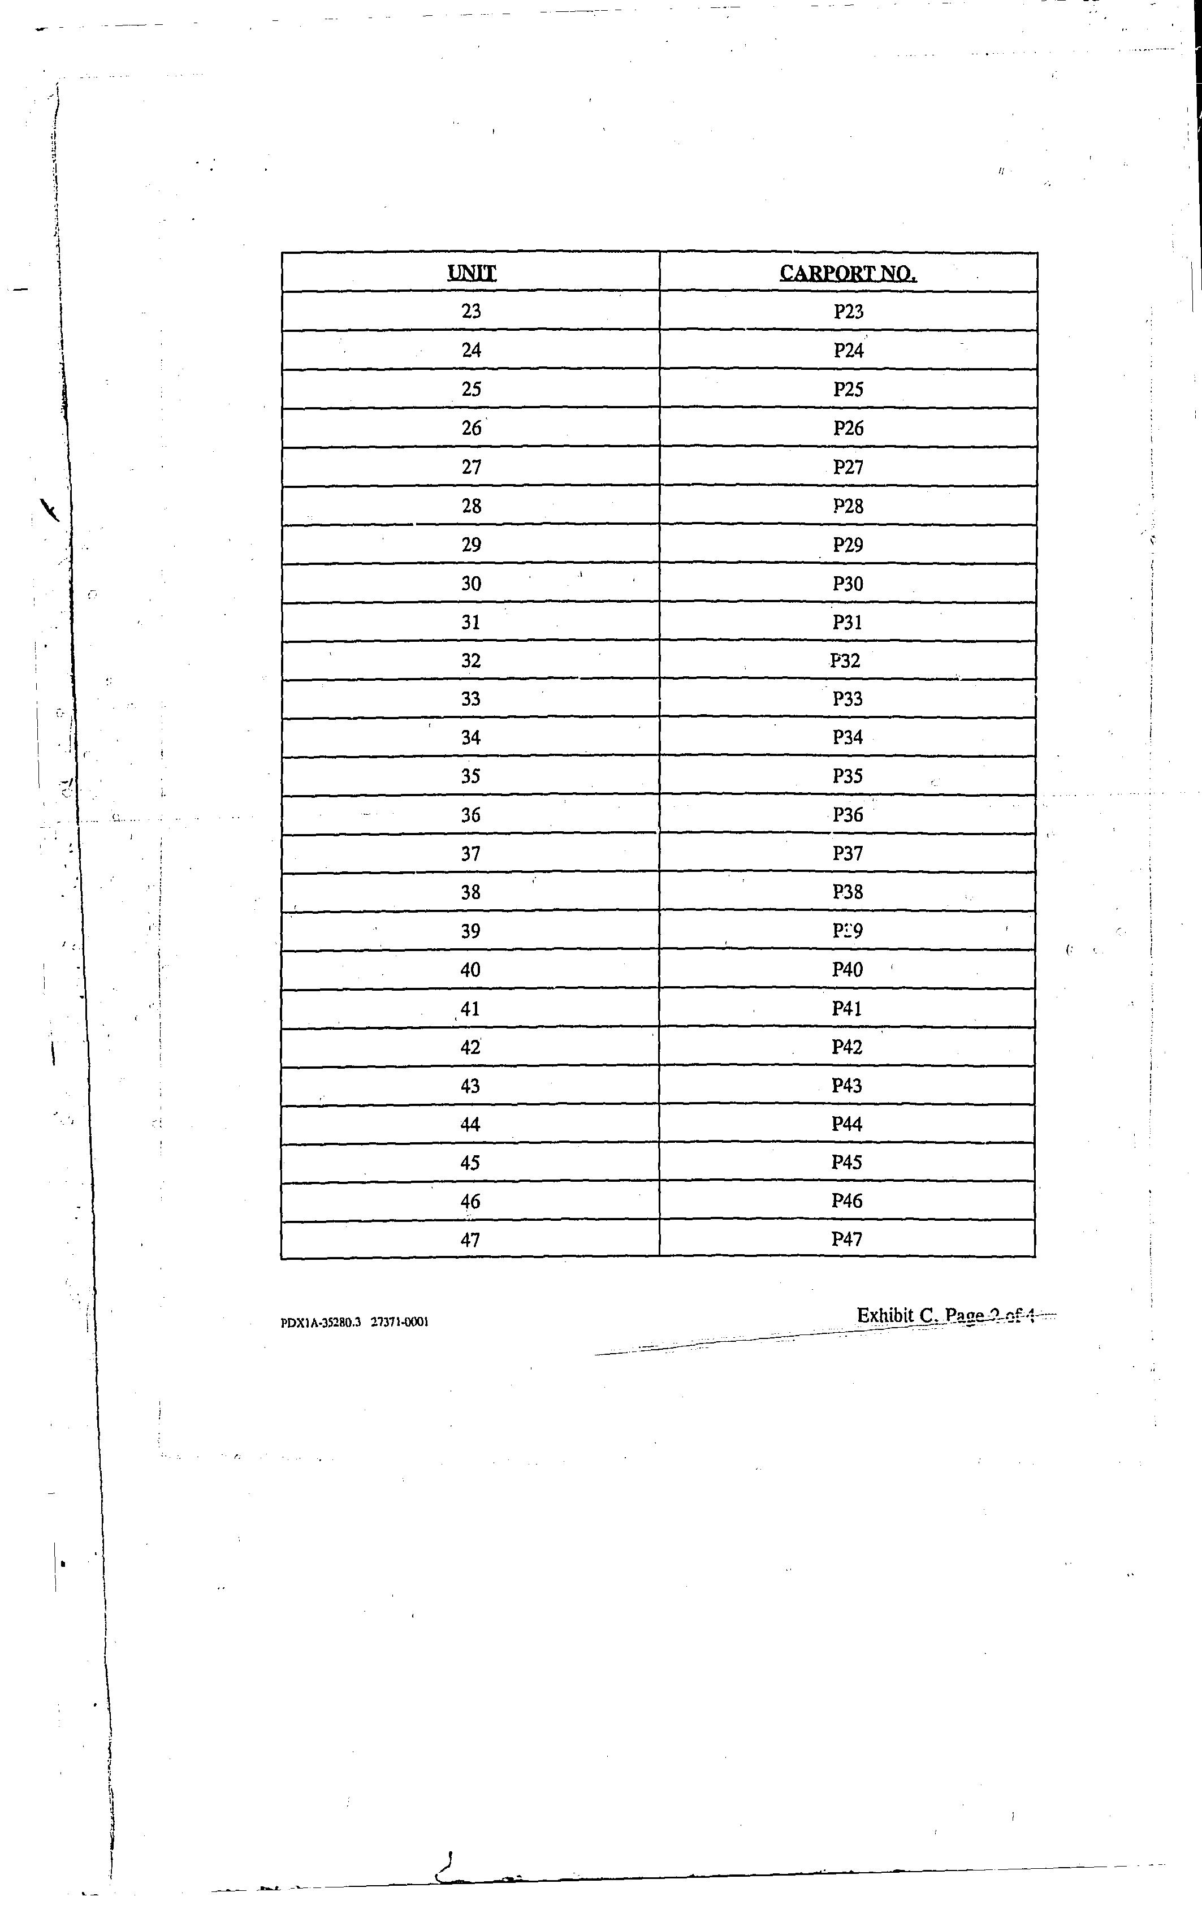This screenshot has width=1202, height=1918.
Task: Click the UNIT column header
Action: (472, 273)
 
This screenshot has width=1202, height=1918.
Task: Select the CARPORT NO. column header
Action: (848, 273)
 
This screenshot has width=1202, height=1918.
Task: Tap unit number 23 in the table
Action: (472, 311)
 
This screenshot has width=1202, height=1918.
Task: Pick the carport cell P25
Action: (848, 388)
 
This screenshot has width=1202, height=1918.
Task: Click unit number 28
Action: (472, 506)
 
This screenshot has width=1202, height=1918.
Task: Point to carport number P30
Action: (848, 584)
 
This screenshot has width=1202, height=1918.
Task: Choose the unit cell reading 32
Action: (470, 660)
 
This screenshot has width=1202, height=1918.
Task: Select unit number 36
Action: (470, 815)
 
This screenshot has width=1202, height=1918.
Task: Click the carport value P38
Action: (848, 892)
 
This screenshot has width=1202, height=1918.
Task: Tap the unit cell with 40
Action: (470, 970)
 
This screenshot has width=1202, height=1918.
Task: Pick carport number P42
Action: (846, 1047)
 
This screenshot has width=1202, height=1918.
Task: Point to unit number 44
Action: (470, 1124)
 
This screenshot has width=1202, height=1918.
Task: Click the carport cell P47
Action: (846, 1239)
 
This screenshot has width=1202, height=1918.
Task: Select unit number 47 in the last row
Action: (470, 1239)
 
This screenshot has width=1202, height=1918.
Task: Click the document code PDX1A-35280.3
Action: (321, 1323)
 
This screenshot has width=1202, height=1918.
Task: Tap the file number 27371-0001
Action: (400, 1323)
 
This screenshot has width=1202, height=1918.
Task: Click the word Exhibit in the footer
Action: (885, 1315)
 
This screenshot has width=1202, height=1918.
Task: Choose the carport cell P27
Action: (848, 466)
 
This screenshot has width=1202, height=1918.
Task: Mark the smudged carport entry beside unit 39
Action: (848, 931)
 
